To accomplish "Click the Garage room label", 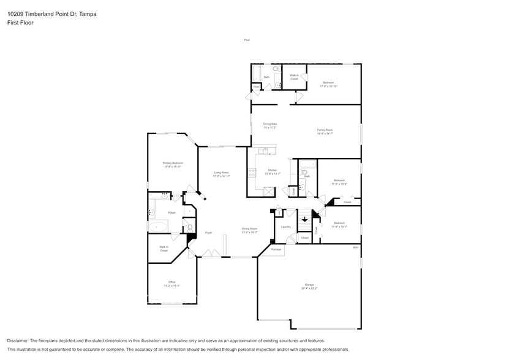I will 309,285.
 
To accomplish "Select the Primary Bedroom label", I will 173,163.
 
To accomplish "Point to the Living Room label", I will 221,173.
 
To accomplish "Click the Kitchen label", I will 271,170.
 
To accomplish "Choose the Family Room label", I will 325,130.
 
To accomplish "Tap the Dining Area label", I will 270,124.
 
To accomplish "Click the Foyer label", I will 208,233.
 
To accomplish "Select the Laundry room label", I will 285,227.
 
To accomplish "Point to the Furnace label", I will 276,249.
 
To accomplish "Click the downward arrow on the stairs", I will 304,220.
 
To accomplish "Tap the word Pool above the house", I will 247,40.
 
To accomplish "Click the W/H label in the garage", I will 355,247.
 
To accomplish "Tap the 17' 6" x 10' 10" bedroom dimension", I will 328,86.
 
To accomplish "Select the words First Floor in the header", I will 21,22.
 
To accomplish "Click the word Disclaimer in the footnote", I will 20,340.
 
